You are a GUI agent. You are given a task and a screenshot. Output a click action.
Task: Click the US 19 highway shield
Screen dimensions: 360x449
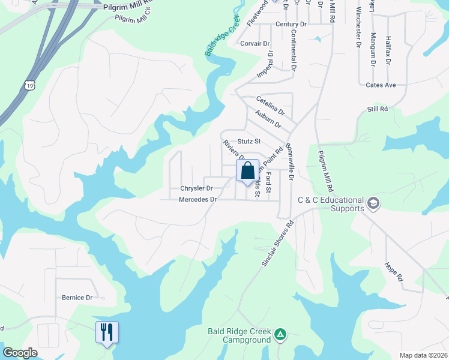[31, 86]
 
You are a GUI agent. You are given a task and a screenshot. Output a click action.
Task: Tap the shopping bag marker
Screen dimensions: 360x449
[247, 171]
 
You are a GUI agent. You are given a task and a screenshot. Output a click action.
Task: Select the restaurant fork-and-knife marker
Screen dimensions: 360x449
[107, 332]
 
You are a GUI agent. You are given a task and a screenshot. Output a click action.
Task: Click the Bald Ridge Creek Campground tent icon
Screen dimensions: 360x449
[280, 334]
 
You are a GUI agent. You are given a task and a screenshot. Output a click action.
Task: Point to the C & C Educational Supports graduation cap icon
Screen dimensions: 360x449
[373, 203]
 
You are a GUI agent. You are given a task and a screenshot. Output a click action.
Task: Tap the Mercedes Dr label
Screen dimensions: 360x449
[197, 199]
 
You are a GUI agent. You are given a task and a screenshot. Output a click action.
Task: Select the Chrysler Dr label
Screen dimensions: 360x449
[196, 188]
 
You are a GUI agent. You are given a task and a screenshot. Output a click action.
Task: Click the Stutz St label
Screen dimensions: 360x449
[249, 142]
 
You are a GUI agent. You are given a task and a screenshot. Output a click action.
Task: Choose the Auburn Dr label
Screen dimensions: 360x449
[268, 119]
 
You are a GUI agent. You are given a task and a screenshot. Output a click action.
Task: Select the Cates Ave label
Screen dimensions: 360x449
[381, 85]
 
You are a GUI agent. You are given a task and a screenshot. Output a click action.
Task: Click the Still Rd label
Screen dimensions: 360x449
[378, 109]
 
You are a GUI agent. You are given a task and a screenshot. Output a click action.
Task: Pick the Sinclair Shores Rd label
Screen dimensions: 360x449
[278, 244]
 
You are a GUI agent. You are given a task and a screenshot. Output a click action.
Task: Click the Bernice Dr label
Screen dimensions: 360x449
[77, 297]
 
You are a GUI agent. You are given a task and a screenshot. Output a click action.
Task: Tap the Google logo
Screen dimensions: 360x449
[20, 353]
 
